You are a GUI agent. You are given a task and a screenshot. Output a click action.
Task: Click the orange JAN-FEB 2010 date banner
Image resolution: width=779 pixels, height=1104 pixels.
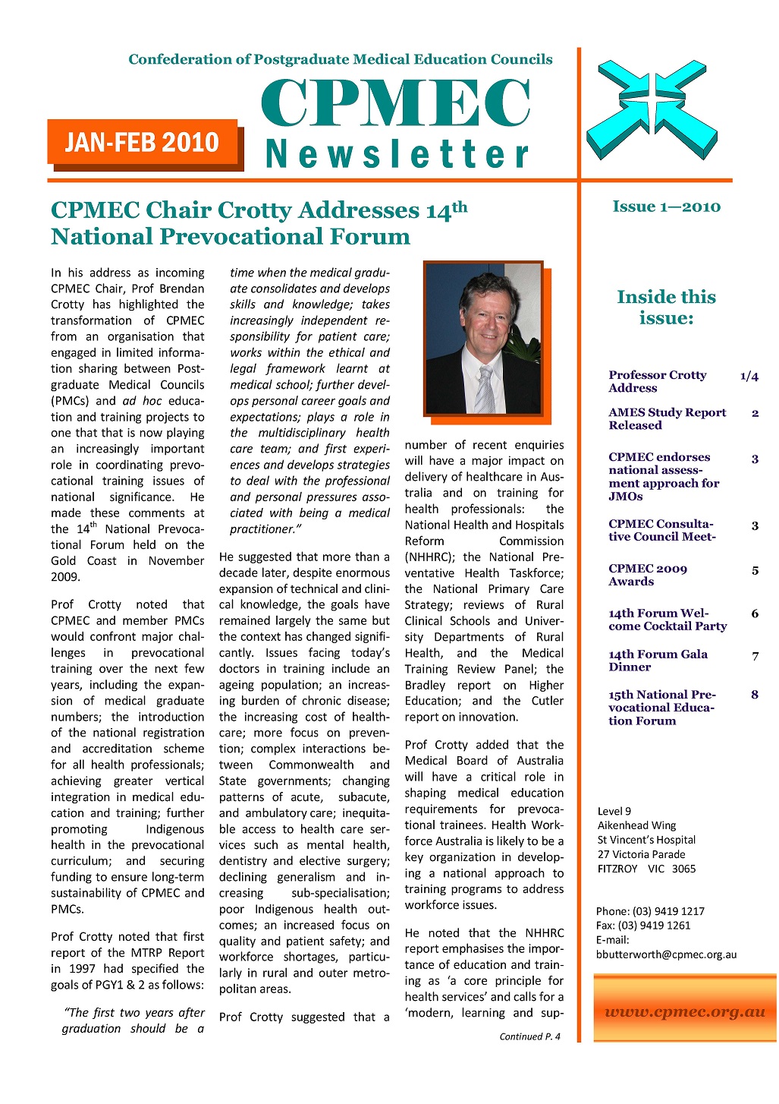pos(143,142)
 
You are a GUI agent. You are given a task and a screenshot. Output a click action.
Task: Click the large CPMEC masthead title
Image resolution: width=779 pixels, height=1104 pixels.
pos(395,103)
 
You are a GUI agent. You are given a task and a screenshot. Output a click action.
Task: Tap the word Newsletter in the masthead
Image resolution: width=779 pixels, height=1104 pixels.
pos(397,154)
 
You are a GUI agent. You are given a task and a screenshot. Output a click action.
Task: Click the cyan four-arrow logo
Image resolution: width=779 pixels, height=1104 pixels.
pos(652,109)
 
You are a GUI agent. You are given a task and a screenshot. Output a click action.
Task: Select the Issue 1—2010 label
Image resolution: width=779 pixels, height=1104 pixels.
pos(666,207)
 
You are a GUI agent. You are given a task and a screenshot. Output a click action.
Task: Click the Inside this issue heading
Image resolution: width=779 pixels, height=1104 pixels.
pos(666,307)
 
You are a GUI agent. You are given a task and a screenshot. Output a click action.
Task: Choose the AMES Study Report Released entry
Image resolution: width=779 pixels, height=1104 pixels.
pos(667,418)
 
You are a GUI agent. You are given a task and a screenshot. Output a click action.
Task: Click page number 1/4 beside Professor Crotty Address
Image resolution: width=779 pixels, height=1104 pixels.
pos(749,376)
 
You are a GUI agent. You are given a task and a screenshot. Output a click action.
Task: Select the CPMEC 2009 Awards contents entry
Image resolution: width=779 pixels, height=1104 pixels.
pos(647,575)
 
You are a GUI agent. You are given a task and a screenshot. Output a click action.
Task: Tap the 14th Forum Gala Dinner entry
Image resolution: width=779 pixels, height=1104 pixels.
pos(657,660)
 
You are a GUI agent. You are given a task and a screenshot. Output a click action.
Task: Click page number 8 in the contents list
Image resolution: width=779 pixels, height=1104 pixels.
pos(754,695)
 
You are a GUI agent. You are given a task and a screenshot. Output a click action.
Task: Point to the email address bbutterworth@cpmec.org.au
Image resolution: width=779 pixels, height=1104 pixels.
pos(666,954)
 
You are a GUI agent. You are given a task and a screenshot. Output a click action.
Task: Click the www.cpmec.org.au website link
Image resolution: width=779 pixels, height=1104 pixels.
pos(684,1011)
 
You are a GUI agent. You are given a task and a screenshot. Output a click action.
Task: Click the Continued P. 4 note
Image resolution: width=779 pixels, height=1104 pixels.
pos(529,1036)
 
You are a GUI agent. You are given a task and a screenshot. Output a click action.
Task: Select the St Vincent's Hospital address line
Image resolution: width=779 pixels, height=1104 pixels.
pos(646,840)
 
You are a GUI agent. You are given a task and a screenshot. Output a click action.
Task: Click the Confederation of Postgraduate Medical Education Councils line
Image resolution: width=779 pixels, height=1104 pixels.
pos(340,59)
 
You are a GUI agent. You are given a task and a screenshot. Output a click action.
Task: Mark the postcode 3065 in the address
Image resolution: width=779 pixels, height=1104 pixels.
pos(683,869)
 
